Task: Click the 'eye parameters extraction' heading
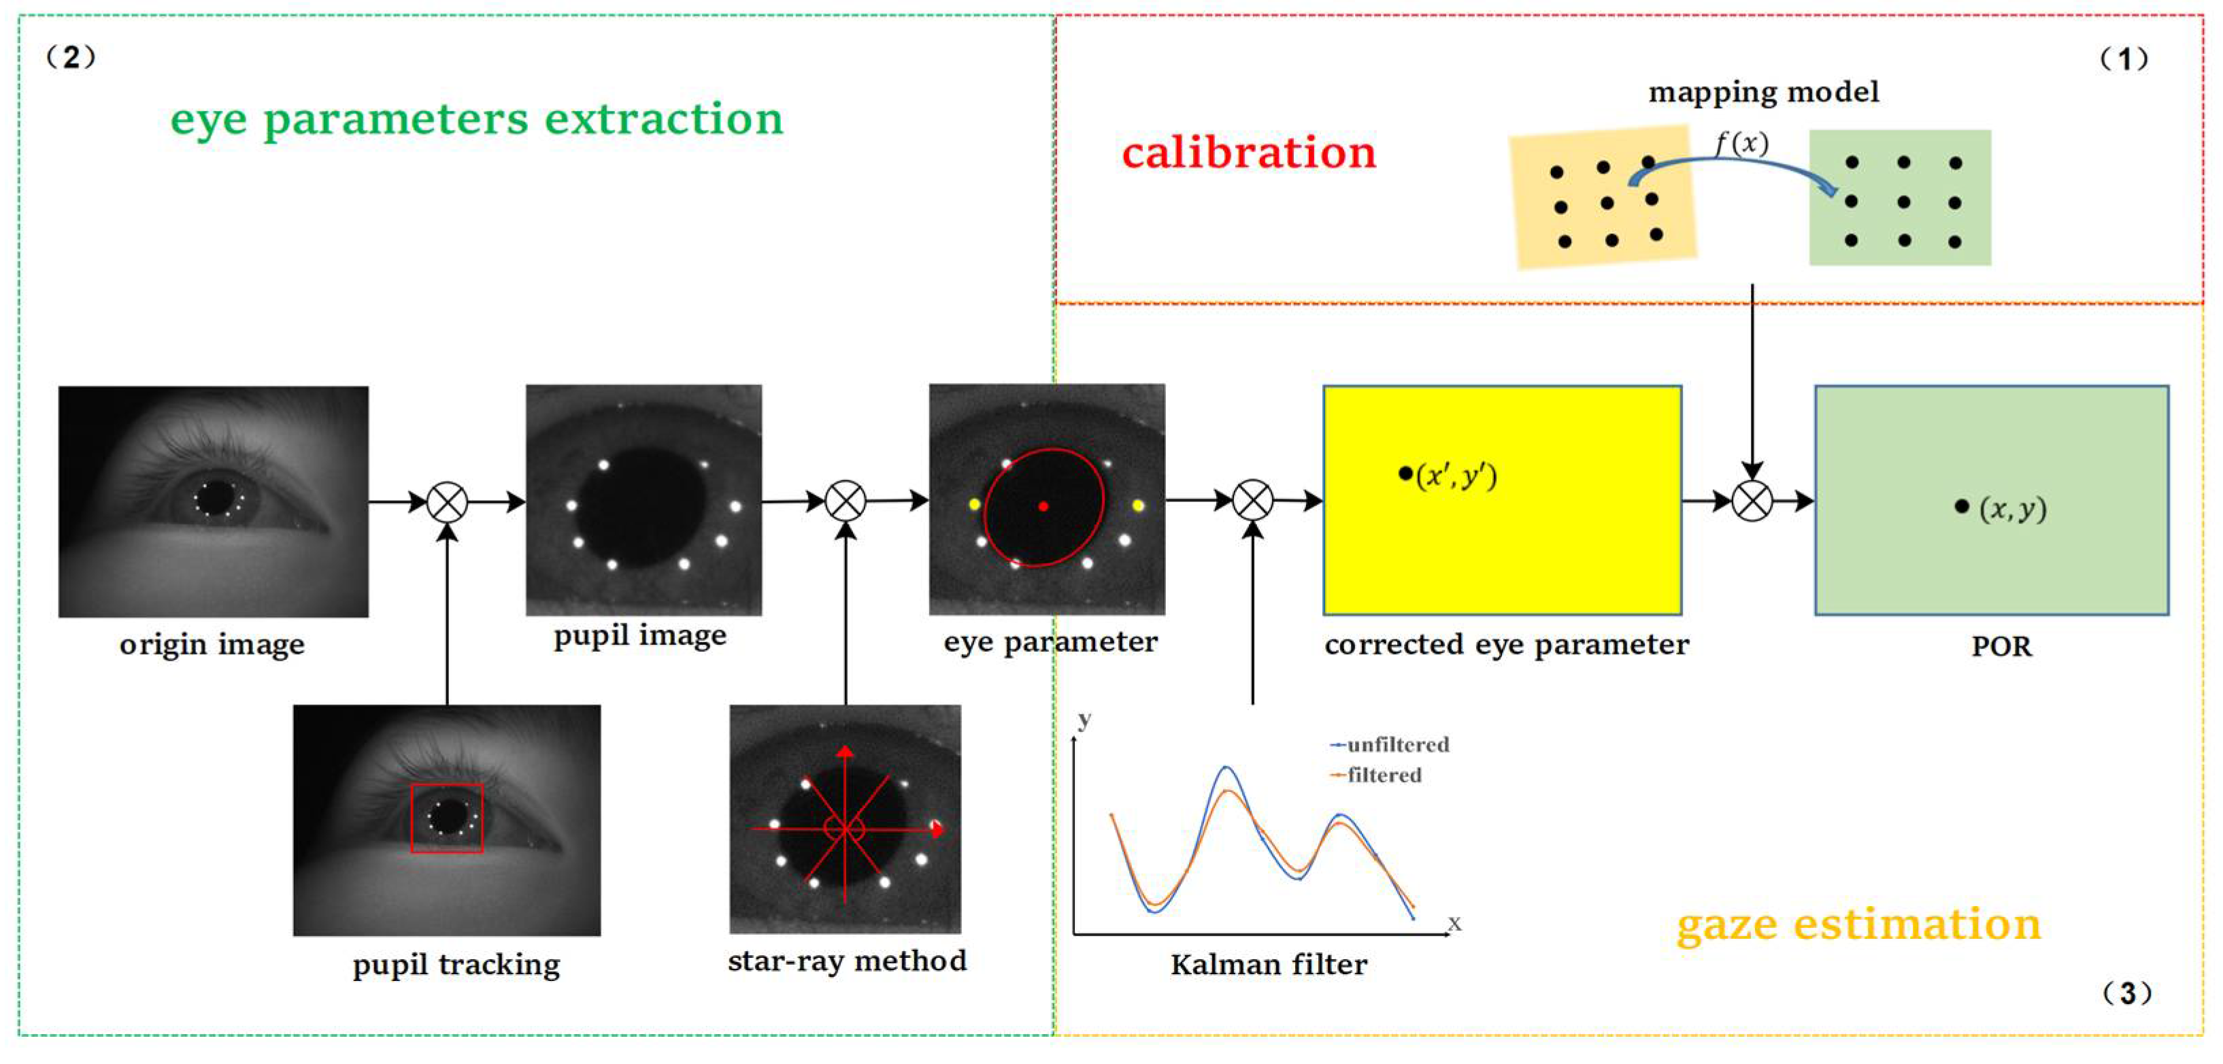tap(476, 119)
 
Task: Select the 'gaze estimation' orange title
tap(1858, 925)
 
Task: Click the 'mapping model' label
tap(1763, 91)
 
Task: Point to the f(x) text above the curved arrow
tap(1741, 142)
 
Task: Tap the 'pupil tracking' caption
tap(456, 964)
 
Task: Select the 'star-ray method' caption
tap(847, 961)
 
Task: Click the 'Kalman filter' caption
tap(1268, 964)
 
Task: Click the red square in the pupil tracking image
tap(446, 818)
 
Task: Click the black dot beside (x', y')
tap(1405, 473)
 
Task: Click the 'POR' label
tap(2001, 646)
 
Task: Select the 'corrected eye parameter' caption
tap(1506, 645)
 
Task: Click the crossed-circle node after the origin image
tap(447, 501)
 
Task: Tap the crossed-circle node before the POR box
tap(1752, 501)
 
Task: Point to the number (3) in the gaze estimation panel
tap(2126, 993)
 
